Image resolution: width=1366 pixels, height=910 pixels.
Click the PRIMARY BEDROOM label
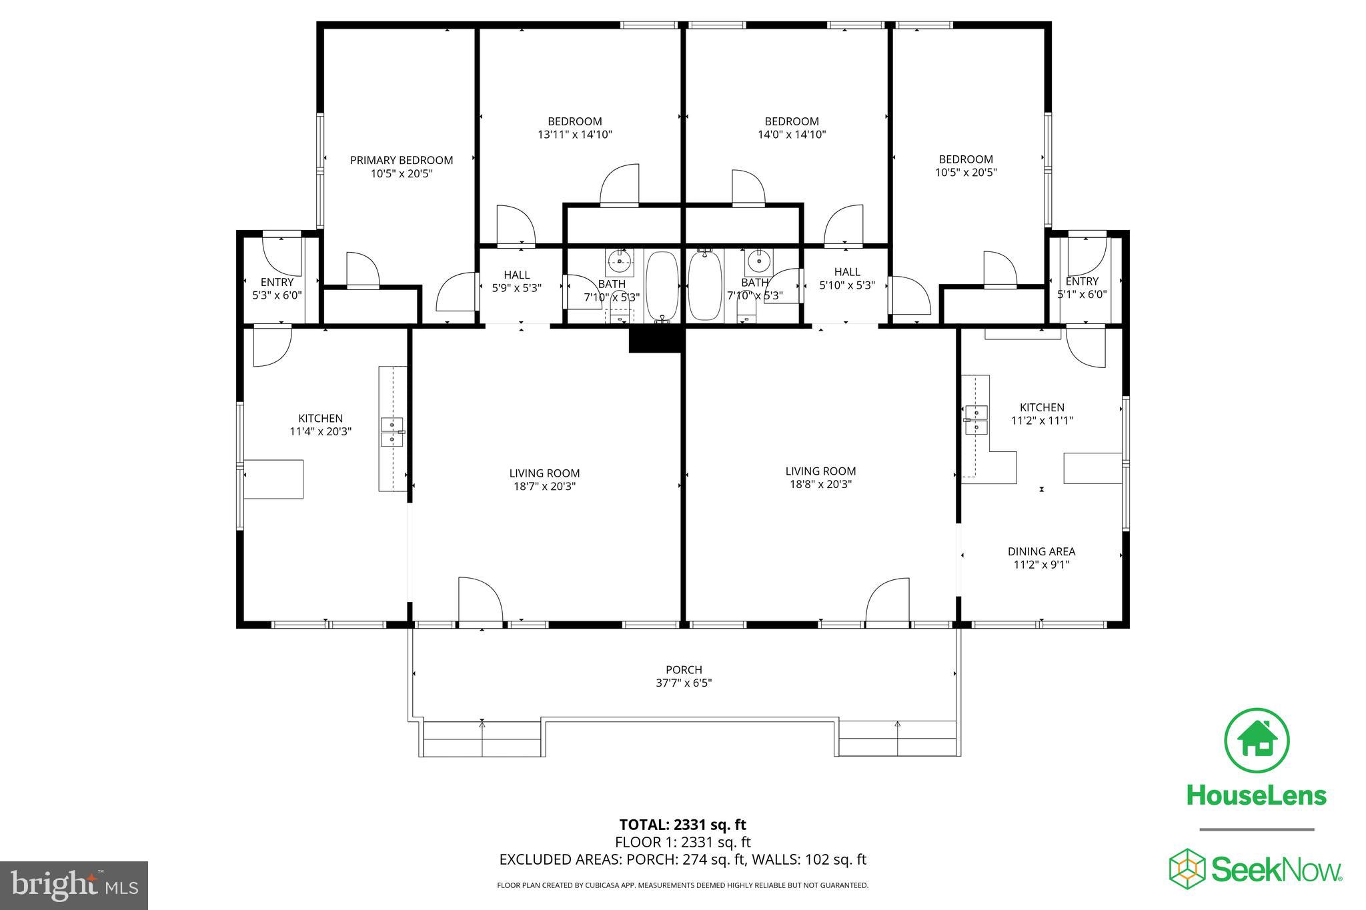click(401, 160)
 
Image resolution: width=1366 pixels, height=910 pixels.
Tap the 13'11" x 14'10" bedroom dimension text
click(574, 134)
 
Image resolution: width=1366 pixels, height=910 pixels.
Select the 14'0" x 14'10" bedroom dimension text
click(791, 134)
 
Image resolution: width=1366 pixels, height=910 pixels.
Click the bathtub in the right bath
click(704, 285)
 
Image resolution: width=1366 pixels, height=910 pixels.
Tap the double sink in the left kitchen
click(393, 431)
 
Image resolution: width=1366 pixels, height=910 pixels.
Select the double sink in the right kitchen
click(976, 419)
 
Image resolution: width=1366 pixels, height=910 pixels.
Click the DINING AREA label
click(1041, 551)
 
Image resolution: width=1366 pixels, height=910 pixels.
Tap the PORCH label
click(684, 669)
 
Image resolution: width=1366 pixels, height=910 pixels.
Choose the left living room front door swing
click(480, 599)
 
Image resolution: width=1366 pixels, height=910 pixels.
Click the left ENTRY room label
click(277, 282)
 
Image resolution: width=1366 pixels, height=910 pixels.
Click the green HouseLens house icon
click(1256, 741)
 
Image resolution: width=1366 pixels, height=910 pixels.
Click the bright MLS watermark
click(74, 885)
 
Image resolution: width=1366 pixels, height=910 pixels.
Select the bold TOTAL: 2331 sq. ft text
click(682, 825)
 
